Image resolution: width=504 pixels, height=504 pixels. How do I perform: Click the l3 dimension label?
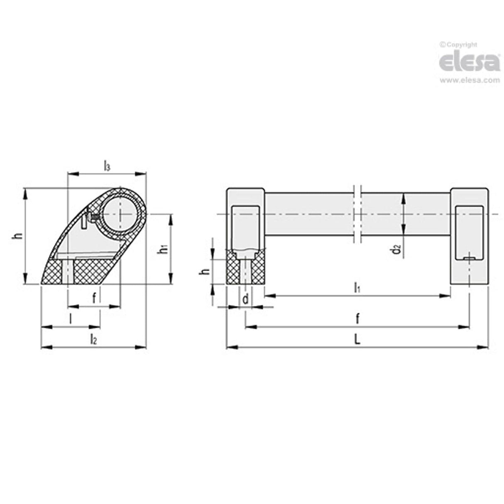point(107,166)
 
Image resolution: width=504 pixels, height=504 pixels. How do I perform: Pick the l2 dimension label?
point(93,340)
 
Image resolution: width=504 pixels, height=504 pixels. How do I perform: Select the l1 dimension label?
point(357,287)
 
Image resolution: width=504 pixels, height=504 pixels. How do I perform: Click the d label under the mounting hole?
point(245,299)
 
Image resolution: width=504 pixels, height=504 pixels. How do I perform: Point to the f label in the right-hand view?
point(357,319)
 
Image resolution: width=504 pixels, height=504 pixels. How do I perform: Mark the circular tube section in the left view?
point(120,214)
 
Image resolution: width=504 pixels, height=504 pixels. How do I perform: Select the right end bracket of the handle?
point(469,237)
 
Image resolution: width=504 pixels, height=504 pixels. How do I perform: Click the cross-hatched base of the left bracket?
point(245,270)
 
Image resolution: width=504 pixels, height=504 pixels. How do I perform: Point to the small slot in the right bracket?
point(469,258)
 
